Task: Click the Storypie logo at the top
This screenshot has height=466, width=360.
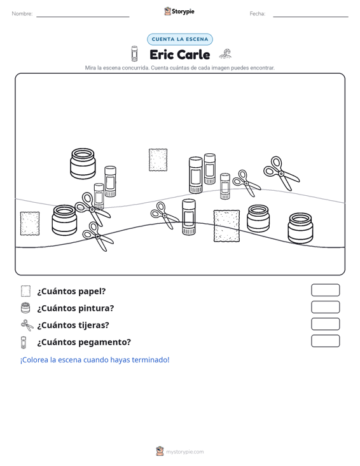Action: [179, 11]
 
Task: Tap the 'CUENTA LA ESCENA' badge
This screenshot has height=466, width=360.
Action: [180, 39]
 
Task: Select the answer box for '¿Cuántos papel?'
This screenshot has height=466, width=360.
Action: [325, 290]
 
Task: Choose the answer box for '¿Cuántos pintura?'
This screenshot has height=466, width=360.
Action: [325, 307]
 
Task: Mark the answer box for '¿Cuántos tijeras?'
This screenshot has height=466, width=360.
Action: [325, 324]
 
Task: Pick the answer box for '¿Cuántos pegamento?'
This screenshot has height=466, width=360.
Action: [325, 341]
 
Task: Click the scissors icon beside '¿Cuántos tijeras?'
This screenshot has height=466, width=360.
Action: [27, 325]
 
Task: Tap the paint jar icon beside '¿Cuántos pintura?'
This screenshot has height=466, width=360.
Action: [25, 308]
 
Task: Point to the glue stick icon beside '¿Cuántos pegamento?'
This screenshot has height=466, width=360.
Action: [24, 342]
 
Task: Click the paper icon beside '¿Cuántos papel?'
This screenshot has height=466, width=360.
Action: [25, 291]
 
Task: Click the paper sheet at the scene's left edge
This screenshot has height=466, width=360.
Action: [30, 224]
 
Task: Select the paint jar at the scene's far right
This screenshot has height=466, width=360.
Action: [300, 228]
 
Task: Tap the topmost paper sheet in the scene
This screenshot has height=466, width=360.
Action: [158, 160]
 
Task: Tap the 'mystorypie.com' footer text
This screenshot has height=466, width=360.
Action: [184, 452]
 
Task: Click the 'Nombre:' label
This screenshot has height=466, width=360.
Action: [22, 14]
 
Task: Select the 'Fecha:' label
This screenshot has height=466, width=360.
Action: [258, 14]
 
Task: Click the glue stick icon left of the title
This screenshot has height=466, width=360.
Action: [134, 53]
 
